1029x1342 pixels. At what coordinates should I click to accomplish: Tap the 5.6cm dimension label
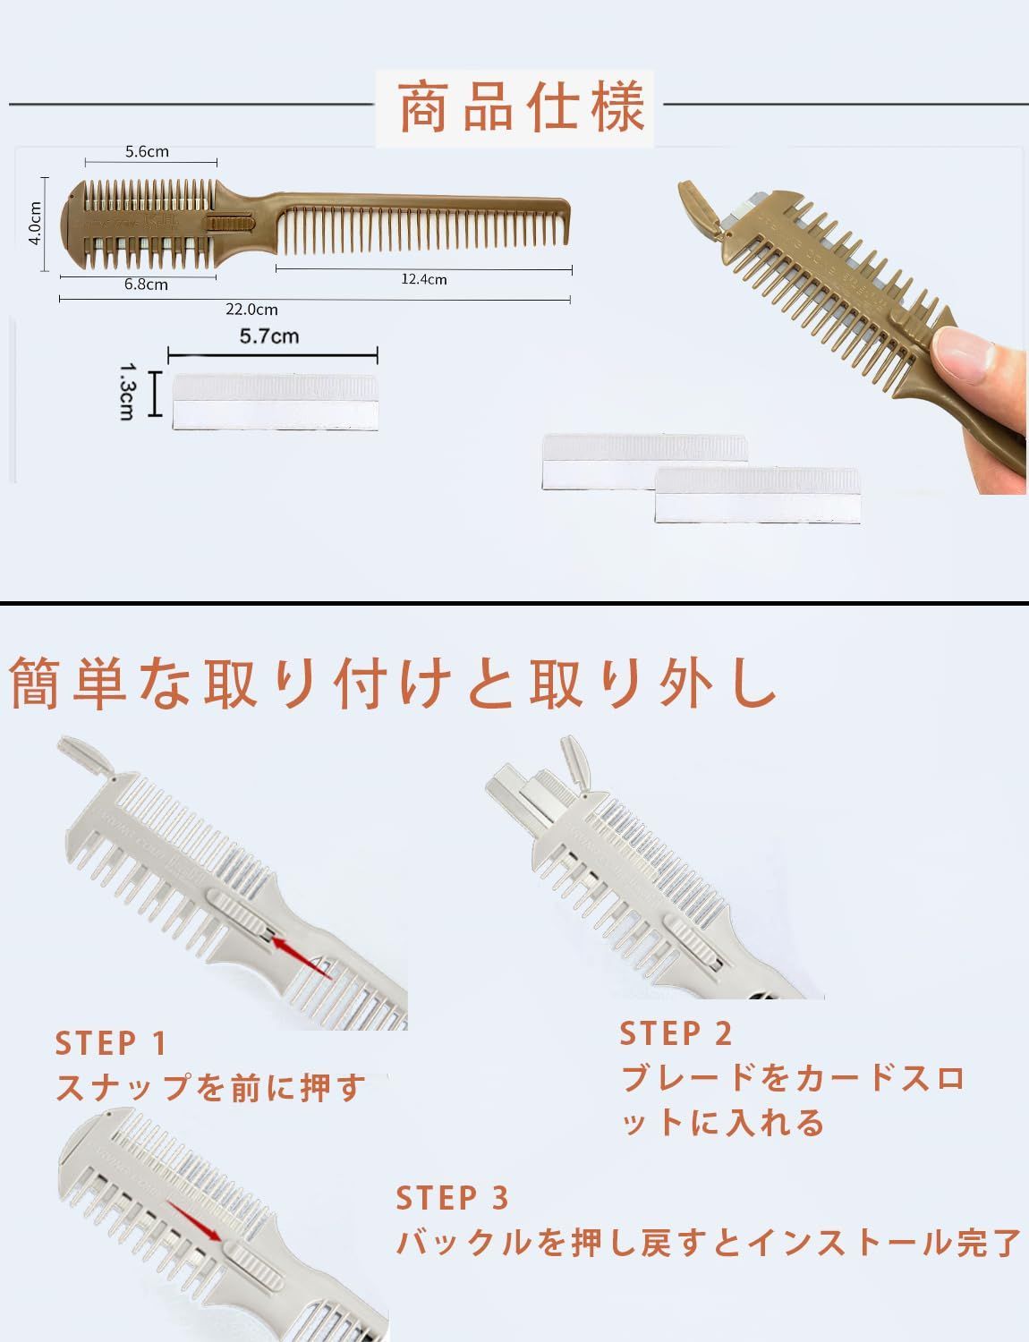click(x=147, y=151)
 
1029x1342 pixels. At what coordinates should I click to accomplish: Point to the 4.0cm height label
click(x=34, y=222)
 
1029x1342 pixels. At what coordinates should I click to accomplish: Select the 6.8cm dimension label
click(x=146, y=285)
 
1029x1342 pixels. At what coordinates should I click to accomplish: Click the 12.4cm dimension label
click(x=423, y=279)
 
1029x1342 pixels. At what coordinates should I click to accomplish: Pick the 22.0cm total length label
click(x=251, y=310)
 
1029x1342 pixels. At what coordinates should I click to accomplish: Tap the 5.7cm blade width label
click(x=269, y=336)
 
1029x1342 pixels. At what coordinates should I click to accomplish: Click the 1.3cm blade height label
click(x=126, y=391)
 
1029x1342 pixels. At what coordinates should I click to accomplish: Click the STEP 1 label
click(x=112, y=1043)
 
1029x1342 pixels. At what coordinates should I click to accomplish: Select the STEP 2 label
click(x=676, y=1033)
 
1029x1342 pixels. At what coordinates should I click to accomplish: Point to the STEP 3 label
click(x=453, y=1197)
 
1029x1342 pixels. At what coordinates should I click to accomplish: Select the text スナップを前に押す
click(x=210, y=1088)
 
